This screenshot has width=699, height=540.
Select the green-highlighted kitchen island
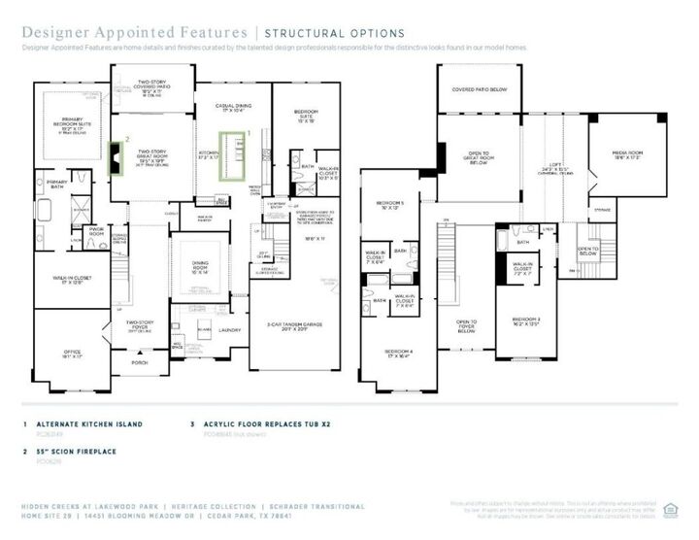pos(233,157)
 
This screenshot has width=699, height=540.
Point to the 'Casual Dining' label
pos(231,110)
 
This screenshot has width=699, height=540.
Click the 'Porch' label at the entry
pos(142,361)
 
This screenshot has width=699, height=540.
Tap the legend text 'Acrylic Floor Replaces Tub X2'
pos(260,424)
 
